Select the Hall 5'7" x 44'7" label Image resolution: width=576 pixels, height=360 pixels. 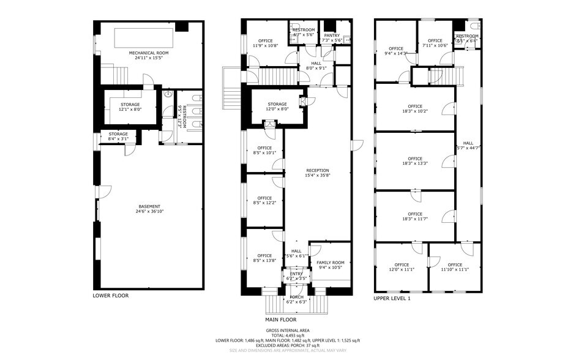point(468,145)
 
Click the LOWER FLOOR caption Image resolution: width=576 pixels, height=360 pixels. point(110,296)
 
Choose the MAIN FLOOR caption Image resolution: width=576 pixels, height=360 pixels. point(280,320)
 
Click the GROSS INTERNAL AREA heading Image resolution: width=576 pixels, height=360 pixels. point(287,331)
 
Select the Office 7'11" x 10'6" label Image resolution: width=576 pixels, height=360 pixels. point(433,43)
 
